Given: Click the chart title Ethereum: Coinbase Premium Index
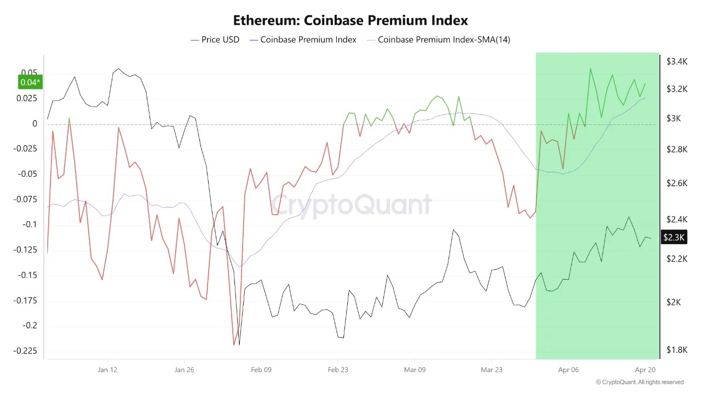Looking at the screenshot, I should point(350,21).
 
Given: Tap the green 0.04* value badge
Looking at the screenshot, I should point(30,83).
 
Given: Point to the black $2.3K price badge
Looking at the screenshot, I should point(674,237).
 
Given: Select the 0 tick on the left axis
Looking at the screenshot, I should point(35,124).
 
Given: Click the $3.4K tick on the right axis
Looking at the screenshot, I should point(676,62).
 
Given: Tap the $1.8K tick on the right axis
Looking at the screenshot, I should point(676,350).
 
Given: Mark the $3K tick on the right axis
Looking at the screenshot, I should point(673,119).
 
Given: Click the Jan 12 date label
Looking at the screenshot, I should point(107,370).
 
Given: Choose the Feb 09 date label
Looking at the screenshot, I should point(261,370).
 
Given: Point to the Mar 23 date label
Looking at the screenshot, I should point(491,370).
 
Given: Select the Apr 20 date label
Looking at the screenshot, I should point(645,370).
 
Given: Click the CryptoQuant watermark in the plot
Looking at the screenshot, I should point(351,205).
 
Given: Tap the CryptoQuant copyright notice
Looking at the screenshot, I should point(639,382).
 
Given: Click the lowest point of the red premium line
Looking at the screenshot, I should point(234,345).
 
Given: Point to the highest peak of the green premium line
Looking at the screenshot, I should point(590,68).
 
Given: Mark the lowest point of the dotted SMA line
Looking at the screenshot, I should point(239,266).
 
